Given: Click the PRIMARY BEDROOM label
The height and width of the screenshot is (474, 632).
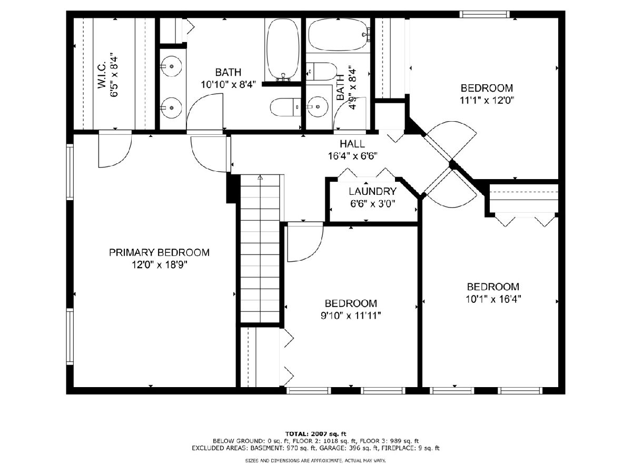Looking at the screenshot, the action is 159,252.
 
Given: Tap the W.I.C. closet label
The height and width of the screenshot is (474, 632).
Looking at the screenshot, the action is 102,75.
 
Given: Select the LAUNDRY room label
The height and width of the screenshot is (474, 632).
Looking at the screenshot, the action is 372,191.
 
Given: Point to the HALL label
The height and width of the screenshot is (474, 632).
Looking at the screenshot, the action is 352,144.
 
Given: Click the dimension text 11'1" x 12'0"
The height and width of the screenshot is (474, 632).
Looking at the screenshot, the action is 487,101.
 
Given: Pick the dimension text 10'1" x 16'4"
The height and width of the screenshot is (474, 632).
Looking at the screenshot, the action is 493,300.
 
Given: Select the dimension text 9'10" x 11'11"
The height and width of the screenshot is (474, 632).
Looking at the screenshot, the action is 351,316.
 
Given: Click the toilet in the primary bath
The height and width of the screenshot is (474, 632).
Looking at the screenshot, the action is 285,107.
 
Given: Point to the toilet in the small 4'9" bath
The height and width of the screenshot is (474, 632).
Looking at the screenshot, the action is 321,72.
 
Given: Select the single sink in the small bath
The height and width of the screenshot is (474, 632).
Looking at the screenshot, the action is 317,106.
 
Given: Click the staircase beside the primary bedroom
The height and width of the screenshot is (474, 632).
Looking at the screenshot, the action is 260,249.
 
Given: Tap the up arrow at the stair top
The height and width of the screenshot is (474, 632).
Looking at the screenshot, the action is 260,177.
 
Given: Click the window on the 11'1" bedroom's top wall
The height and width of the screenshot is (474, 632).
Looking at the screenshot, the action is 485,14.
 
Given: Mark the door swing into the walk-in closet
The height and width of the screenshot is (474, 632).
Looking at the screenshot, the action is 115,150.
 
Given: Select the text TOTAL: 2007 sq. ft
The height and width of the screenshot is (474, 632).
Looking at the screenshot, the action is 315,433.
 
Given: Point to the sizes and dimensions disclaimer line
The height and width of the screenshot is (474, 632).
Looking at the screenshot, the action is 315,461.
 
